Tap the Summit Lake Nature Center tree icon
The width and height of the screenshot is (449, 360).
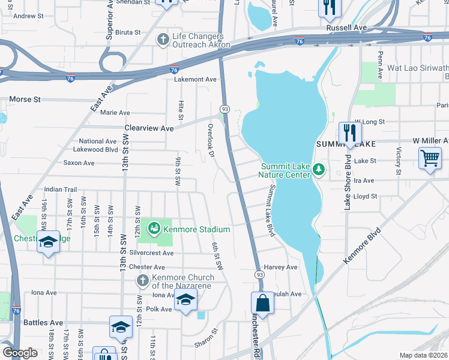(319, 170)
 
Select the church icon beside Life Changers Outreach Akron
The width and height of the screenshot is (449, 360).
(162, 40)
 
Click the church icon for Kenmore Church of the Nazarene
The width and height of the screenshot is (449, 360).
(142, 281)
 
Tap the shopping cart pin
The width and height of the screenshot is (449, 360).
(430, 159)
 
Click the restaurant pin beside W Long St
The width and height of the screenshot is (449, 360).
(349, 133)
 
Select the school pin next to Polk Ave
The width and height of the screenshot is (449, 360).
(185, 301)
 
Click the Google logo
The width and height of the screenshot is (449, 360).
(20, 352)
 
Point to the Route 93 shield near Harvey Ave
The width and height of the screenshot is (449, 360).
(260, 274)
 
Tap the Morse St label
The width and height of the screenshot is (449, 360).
(25, 98)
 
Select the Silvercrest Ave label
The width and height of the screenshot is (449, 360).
(151, 253)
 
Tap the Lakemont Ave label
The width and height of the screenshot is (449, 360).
(195, 79)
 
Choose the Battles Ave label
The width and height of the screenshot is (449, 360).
(43, 322)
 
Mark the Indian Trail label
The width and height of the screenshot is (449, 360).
(61, 188)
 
